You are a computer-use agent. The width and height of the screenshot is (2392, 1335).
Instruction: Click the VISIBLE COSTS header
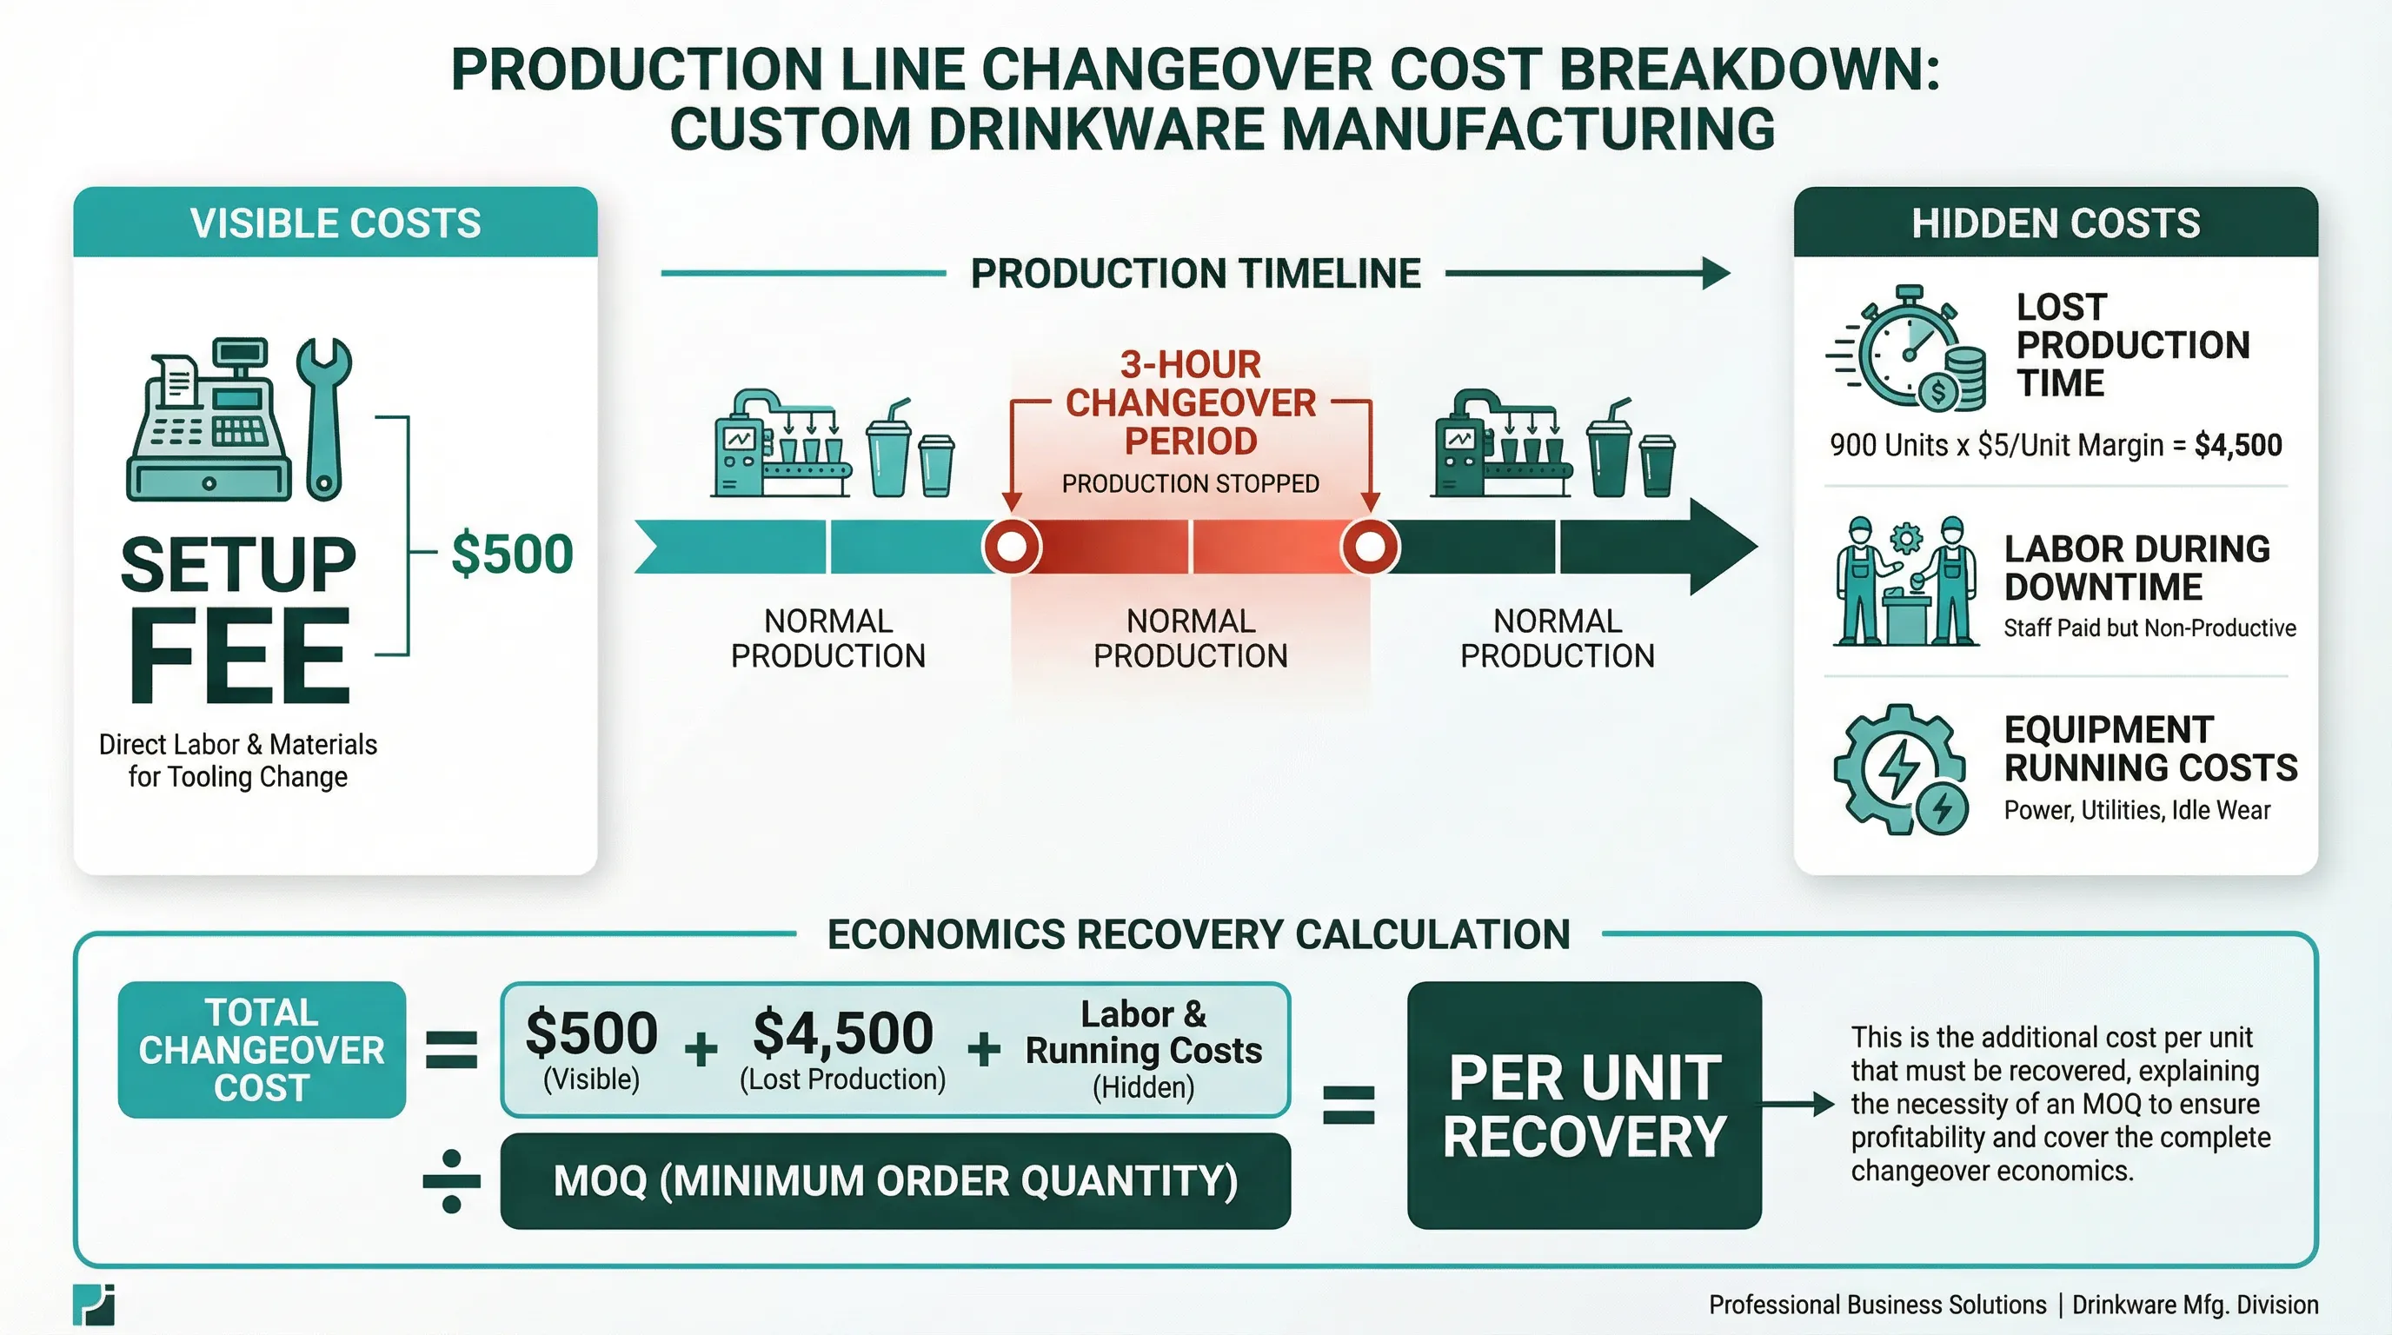point(336,223)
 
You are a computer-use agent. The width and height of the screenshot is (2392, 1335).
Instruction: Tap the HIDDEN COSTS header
point(2055,223)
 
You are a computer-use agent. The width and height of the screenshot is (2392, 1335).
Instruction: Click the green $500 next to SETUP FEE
point(512,555)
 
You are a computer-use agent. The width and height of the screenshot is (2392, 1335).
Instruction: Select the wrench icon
point(323,418)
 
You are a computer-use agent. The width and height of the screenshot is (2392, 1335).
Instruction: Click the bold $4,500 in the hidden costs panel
point(2238,446)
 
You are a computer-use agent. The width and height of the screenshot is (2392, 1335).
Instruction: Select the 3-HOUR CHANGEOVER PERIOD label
point(1191,403)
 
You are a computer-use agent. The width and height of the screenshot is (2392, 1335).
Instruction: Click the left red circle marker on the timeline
point(1012,547)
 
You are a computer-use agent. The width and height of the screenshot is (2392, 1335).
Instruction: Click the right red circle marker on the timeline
point(1370,547)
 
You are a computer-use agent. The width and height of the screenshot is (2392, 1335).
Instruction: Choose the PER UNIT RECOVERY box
point(1585,1105)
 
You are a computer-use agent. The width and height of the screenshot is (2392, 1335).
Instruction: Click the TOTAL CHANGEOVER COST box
point(262,1050)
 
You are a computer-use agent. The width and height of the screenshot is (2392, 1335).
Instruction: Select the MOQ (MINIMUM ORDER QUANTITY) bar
point(895,1181)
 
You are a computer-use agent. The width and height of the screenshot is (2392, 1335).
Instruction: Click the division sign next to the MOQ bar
point(451,1181)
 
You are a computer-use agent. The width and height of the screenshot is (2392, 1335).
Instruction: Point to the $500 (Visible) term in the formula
point(592,1047)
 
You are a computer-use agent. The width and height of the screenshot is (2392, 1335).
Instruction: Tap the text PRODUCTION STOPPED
point(1191,484)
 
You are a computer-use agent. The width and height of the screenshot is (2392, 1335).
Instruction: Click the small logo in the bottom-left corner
point(94,1305)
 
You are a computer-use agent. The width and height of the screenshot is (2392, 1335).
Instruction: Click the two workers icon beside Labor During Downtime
point(1905,582)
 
